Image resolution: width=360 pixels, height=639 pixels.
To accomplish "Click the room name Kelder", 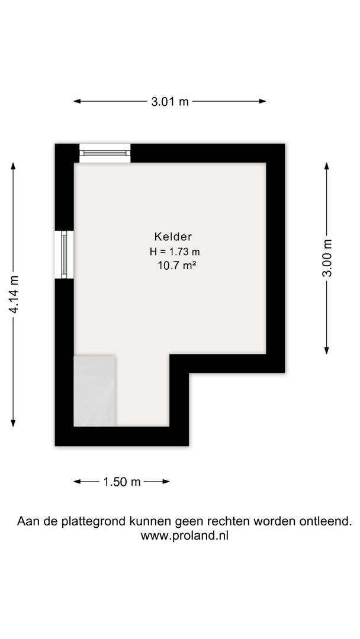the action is [173, 236].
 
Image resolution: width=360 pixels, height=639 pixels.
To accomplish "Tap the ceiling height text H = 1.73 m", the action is [175, 252].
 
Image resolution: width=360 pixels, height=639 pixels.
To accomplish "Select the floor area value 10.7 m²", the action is [175, 266].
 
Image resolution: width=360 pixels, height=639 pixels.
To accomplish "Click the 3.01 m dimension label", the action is [170, 102].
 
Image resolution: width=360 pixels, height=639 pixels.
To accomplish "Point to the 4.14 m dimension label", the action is [14, 294].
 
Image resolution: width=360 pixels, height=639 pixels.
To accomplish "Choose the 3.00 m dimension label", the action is [327, 258].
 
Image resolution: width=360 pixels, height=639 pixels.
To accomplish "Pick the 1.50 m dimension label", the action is [122, 482].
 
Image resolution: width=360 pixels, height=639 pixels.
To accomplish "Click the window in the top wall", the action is [105, 153].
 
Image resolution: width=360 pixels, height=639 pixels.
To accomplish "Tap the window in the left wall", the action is [64, 254].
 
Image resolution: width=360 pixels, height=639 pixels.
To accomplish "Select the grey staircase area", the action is [94, 391].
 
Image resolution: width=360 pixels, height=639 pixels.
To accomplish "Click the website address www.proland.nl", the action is [184, 535].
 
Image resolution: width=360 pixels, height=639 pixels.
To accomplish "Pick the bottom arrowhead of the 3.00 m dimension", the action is [327, 350].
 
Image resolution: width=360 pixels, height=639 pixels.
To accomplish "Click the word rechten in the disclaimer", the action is [227, 521].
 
